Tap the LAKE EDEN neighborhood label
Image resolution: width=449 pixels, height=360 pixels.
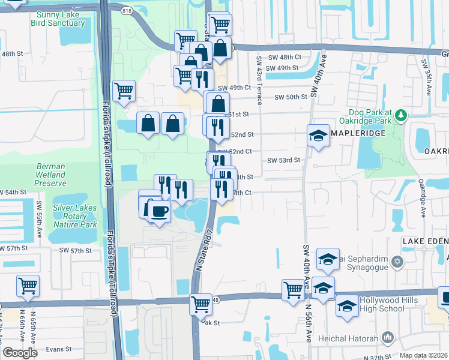(x=425, y=241)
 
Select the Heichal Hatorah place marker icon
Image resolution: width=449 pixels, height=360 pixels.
(x=387, y=338)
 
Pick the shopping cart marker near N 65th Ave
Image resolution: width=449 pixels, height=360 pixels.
(x=28, y=286)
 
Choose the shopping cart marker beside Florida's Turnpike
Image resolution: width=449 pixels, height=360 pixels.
(x=124, y=91)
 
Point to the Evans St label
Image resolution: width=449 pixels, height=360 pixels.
(x=59, y=349)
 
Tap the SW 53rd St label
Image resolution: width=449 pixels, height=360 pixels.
(x=283, y=161)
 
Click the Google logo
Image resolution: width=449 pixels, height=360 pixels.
(x=20, y=353)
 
